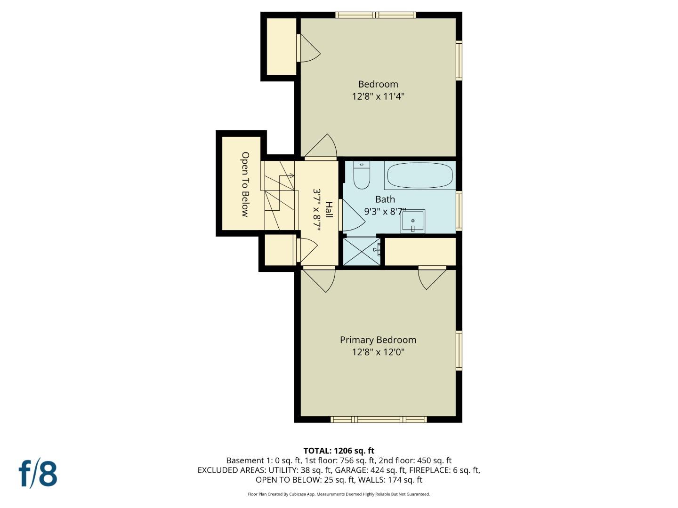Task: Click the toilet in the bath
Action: click(x=362, y=176)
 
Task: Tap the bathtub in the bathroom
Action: click(x=420, y=175)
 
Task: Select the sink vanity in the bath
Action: click(x=413, y=222)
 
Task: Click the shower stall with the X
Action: click(x=362, y=251)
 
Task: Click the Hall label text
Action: click(x=329, y=210)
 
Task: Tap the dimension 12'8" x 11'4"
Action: click(x=378, y=96)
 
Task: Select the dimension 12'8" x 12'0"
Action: click(x=378, y=352)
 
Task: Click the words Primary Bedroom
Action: click(x=378, y=340)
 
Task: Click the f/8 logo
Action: click(x=38, y=474)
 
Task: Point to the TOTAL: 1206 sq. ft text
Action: click(x=339, y=451)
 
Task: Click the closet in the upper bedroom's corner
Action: click(x=281, y=47)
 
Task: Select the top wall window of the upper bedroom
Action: click(x=376, y=15)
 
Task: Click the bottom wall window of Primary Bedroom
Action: click(x=379, y=419)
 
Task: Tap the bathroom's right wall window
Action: click(x=459, y=210)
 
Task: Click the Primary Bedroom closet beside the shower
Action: click(x=420, y=252)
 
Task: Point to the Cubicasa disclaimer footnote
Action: click(x=339, y=494)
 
